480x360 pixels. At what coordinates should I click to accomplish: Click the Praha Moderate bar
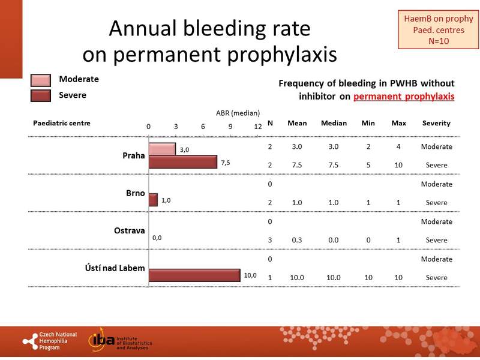pyautogui.click(x=162, y=149)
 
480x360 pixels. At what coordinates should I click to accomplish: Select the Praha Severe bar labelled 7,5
pyautogui.click(x=182, y=162)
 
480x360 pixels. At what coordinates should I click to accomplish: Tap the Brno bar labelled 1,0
pyautogui.click(x=153, y=200)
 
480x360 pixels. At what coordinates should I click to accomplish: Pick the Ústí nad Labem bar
pyautogui.click(x=194, y=275)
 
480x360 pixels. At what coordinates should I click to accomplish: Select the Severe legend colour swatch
pyautogui.click(x=41, y=95)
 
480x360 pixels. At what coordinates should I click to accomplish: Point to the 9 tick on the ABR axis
pyautogui.click(x=230, y=127)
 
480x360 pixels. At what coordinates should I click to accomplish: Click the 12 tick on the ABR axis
pyautogui.click(x=257, y=127)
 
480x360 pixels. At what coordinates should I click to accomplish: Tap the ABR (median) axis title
pyautogui.click(x=238, y=112)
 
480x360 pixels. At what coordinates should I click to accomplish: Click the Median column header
pyautogui.click(x=334, y=123)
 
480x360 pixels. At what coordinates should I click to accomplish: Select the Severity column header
pyautogui.click(x=436, y=123)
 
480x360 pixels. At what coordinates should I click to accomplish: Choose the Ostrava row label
pyautogui.click(x=130, y=230)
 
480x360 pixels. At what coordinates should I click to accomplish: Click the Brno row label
pyautogui.click(x=136, y=193)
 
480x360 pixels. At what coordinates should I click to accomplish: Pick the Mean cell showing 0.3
pyautogui.click(x=297, y=240)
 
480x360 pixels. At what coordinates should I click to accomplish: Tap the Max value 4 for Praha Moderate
pyautogui.click(x=398, y=146)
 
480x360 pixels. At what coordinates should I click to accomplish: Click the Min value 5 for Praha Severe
pyautogui.click(x=368, y=165)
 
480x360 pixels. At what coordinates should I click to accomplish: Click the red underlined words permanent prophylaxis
pyautogui.click(x=403, y=96)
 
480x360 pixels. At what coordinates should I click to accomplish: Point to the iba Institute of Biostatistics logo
pyautogui.click(x=120, y=341)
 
